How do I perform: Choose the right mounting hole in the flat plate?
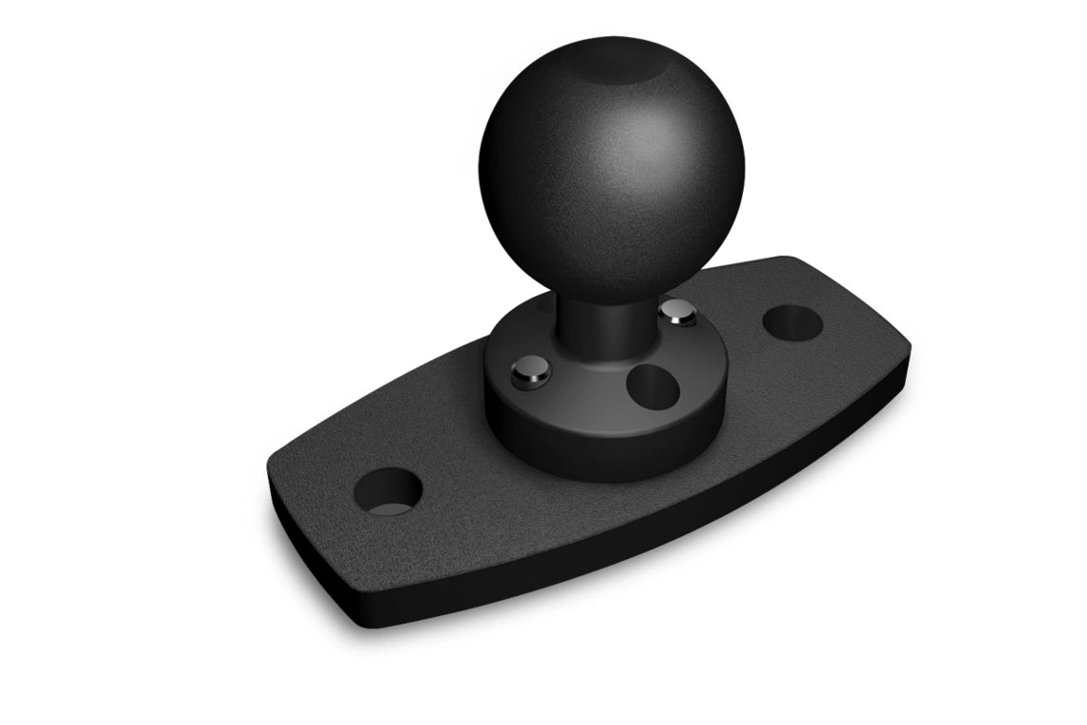click(793, 321)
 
